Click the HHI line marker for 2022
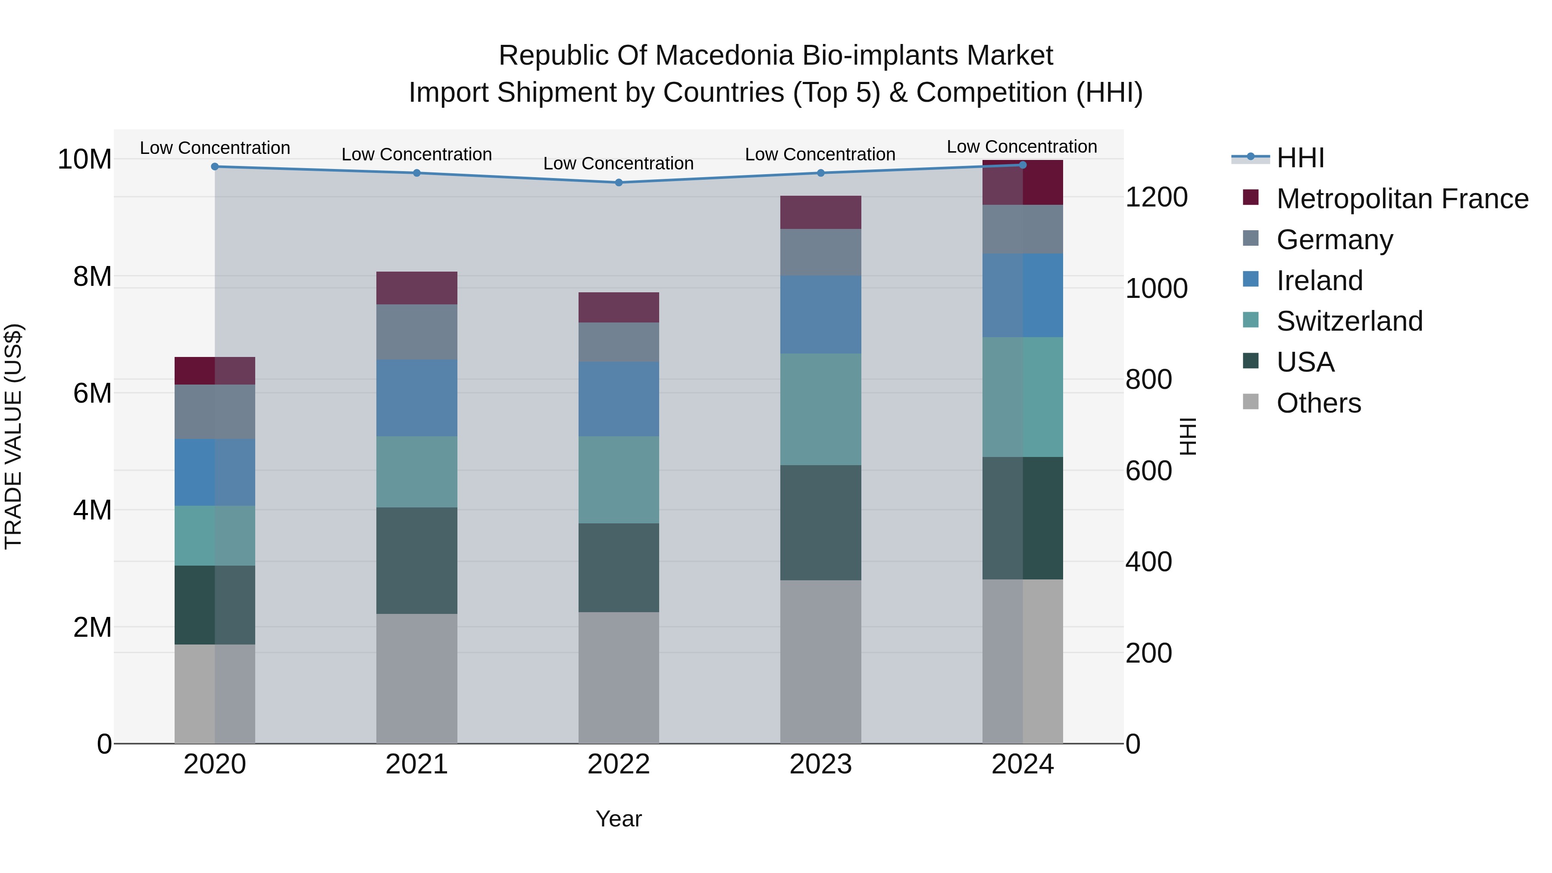tap(619, 182)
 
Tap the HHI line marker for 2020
tap(215, 167)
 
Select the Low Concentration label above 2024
tap(1022, 147)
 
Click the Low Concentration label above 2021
tap(416, 154)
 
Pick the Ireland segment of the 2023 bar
tap(820, 315)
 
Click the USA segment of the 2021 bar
tap(416, 560)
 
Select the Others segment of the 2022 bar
tap(619, 678)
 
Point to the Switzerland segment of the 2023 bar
tap(820, 409)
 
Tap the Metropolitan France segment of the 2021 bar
tap(416, 288)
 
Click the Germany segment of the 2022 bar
tap(619, 342)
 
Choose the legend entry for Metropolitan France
tap(1402, 199)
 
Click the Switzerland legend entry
tap(1349, 321)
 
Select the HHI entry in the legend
tap(1300, 158)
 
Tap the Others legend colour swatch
tap(1251, 402)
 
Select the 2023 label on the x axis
tap(820, 764)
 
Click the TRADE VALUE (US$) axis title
tap(13, 436)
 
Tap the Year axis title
tap(619, 819)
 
